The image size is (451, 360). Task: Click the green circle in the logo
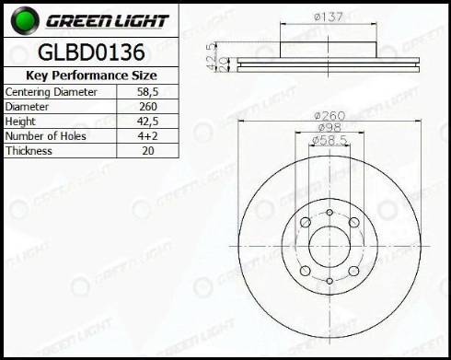click(25, 20)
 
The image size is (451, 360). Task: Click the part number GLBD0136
click(91, 52)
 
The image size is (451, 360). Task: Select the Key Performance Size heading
click(91, 75)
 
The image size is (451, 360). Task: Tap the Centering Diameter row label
click(51, 92)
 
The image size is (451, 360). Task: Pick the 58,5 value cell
click(147, 92)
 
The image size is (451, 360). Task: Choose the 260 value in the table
click(148, 107)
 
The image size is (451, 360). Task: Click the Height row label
click(20, 122)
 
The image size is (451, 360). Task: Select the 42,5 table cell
click(147, 122)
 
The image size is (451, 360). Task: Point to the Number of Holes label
click(46, 136)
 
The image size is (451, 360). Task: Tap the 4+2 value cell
click(147, 136)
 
